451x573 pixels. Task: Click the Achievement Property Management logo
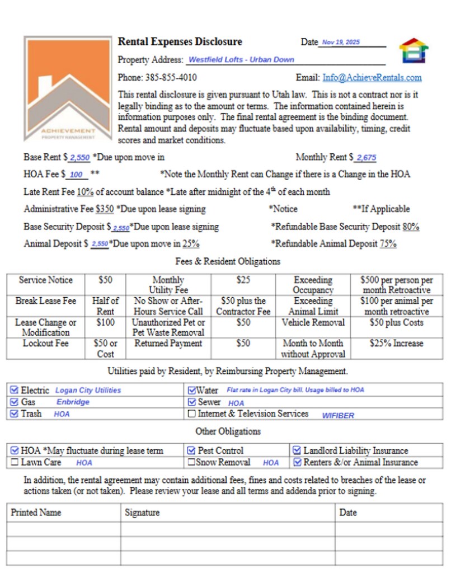pyautogui.click(x=68, y=88)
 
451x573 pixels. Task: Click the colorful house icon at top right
pyautogui.click(x=414, y=51)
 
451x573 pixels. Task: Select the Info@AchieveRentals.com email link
pyautogui.click(x=372, y=78)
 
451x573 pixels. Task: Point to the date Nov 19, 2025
pyautogui.click(x=341, y=43)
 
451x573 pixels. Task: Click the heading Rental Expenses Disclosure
pyautogui.click(x=180, y=42)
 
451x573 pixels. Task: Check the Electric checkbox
pyautogui.click(x=15, y=390)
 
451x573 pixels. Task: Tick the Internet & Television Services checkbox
pyautogui.click(x=192, y=414)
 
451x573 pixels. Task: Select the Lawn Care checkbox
pyautogui.click(x=15, y=463)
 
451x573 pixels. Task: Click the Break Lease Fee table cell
pyautogui.click(x=46, y=301)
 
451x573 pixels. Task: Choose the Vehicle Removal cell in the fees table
pyautogui.click(x=313, y=323)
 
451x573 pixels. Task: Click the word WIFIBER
pyautogui.click(x=338, y=416)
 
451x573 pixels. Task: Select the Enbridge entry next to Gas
pyautogui.click(x=73, y=402)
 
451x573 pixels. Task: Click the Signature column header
pyautogui.click(x=142, y=513)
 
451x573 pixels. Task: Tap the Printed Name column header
pyautogui.click(x=36, y=513)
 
